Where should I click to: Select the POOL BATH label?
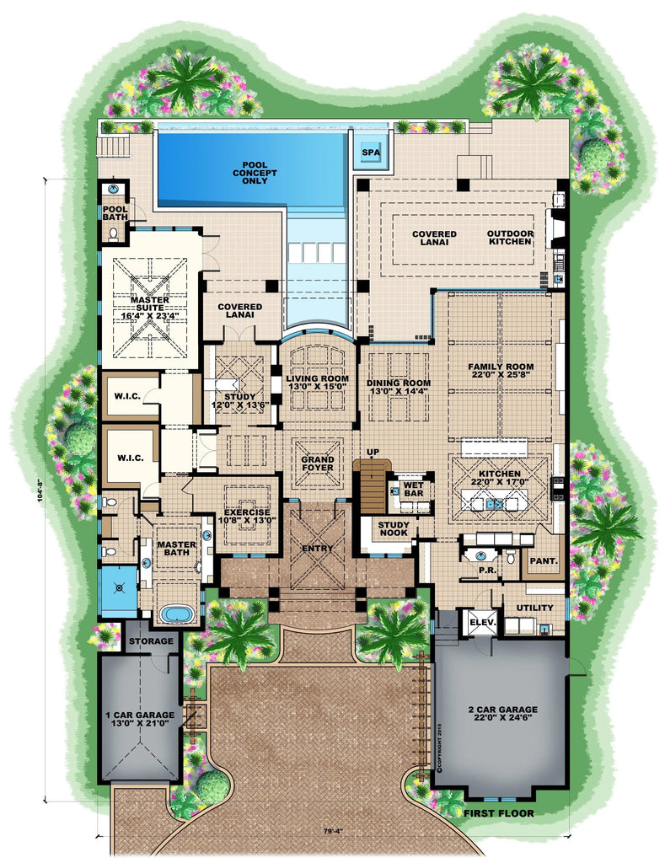tap(115, 214)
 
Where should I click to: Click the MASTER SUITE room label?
tap(149, 305)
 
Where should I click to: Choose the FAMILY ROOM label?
tap(501, 372)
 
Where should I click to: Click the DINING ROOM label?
tap(399, 388)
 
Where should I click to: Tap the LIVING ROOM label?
tap(317, 384)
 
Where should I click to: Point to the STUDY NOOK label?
tap(394, 531)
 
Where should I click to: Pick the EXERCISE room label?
tap(246, 517)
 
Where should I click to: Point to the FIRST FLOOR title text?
tap(501, 813)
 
